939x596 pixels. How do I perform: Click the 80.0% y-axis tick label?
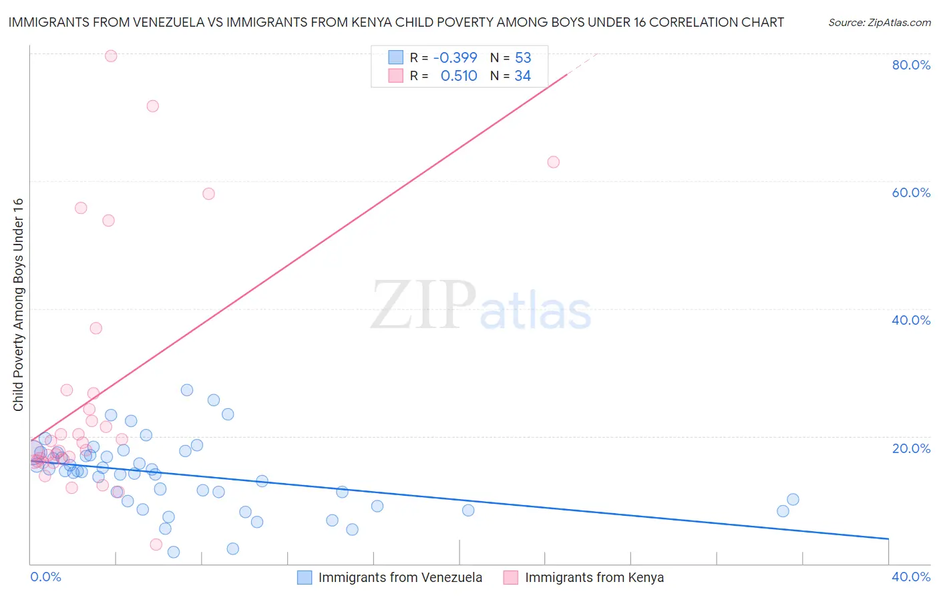click(x=911, y=65)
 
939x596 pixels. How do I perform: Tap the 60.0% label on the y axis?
click(x=911, y=192)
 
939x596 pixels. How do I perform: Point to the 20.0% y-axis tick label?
click(x=911, y=448)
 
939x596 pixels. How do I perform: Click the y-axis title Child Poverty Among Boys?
click(x=18, y=305)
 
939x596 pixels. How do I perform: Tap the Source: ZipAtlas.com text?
click(x=879, y=23)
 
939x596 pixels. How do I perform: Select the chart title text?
click(x=396, y=23)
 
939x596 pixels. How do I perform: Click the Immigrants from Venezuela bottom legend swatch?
click(x=305, y=577)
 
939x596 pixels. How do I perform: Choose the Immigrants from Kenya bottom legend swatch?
click(x=511, y=577)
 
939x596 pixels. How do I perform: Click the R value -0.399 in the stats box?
click(x=455, y=57)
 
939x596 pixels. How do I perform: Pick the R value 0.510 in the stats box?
click(x=459, y=76)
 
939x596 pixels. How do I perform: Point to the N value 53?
click(x=523, y=57)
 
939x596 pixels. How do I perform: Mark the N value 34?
click(x=522, y=76)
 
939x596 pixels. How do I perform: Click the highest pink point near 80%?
click(x=111, y=56)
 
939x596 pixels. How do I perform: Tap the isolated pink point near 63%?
click(x=553, y=162)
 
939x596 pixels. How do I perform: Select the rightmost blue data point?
click(x=793, y=499)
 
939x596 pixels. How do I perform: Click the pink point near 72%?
click(x=152, y=106)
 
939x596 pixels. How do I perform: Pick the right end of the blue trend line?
click(x=888, y=539)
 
